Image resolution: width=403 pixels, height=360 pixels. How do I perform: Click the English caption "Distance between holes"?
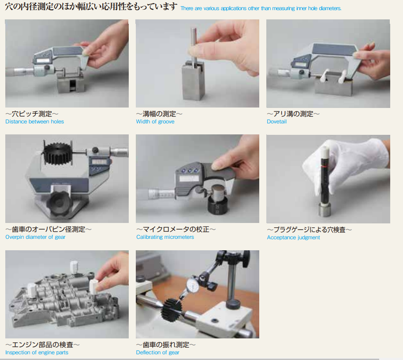click(34, 122)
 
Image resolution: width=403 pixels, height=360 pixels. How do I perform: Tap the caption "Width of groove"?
click(155, 122)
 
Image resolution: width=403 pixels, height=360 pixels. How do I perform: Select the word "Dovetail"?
click(276, 122)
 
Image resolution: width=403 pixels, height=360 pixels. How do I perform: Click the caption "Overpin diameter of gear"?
click(35, 237)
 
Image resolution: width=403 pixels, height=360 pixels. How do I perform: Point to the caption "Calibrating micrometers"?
click(165, 237)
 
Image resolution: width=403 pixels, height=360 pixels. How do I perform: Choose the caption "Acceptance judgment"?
click(293, 238)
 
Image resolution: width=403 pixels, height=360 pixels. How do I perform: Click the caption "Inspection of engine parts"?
click(37, 353)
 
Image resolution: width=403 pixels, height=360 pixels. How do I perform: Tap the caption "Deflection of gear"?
click(157, 353)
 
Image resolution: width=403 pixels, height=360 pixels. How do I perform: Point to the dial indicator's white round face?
click(193, 285)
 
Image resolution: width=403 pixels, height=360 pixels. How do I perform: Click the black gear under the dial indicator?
click(172, 310)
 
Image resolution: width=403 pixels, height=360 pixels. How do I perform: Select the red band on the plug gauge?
click(324, 167)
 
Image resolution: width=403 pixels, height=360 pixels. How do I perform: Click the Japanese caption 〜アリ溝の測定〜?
click(293, 114)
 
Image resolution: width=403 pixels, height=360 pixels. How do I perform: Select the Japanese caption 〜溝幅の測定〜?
click(159, 114)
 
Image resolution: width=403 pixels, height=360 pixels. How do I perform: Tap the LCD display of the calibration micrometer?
click(189, 178)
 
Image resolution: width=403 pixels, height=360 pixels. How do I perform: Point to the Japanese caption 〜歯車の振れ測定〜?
click(166, 345)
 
